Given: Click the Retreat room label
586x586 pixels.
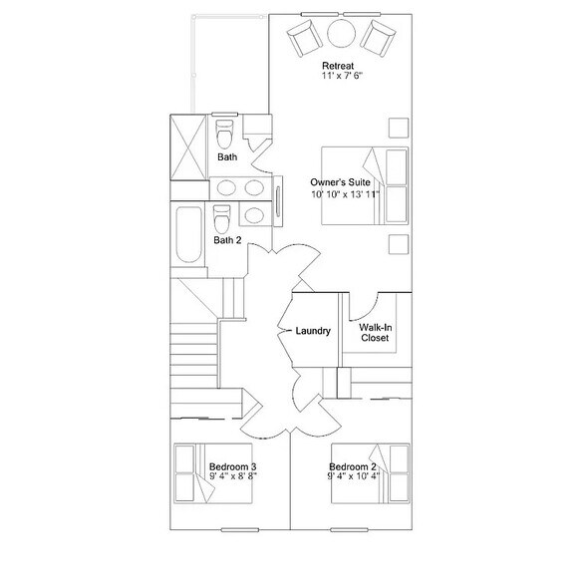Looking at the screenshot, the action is pos(338,66).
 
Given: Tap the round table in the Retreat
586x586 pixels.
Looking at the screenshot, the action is pos(341,34).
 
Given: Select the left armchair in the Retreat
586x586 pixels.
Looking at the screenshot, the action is pos(305,38).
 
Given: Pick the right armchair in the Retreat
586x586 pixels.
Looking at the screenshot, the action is pos(378,39).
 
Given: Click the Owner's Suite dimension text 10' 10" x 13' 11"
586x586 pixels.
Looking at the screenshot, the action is pos(345,194).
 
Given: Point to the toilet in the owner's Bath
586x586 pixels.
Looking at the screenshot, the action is pos(224,134).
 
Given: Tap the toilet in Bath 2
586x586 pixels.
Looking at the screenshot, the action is pos(221,218).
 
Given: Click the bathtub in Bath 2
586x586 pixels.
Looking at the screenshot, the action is pos(189,234).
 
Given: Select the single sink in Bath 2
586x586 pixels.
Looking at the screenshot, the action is pos(254,215).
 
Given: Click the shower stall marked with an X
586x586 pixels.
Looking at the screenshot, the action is pos(188,146).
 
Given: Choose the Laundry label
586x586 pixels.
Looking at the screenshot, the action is pos(313,331).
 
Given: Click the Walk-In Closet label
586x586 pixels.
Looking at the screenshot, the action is pos(375,333).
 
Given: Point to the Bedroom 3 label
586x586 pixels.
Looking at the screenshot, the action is pos(232,466).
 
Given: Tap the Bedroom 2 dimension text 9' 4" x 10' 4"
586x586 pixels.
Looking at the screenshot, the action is pos(354,475).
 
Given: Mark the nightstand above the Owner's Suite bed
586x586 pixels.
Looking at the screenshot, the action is pos(399,128).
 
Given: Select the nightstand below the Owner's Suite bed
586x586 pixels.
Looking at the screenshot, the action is pos(399,244).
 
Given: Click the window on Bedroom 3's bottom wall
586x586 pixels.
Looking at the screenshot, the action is pos(239,530).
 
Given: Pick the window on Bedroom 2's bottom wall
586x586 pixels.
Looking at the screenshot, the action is pos(349,530).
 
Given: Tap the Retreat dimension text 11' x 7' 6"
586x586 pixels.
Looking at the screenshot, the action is pos(343,76).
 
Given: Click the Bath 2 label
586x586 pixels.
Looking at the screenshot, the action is pos(227,240).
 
